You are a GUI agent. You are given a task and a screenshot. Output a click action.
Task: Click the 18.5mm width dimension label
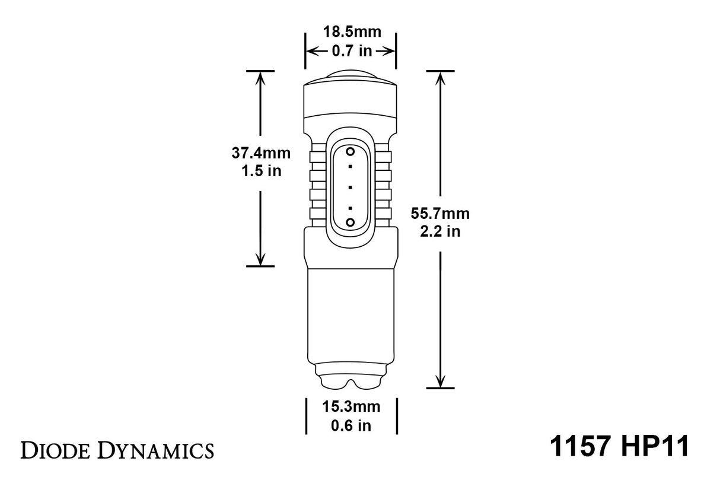point(351,32)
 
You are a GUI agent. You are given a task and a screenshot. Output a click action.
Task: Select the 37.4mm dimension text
point(261,153)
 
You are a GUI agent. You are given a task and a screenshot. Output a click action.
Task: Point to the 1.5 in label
point(261,171)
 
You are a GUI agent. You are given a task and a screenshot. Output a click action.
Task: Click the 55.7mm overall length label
point(440,213)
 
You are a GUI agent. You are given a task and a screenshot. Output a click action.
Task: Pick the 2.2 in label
point(440,231)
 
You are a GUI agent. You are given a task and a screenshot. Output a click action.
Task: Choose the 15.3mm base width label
point(351,406)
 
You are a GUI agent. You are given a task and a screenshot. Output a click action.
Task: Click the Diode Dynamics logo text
point(117,451)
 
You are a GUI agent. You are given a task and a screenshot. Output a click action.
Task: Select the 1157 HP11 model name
point(620,447)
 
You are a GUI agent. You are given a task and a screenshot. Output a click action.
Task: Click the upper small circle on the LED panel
point(350,151)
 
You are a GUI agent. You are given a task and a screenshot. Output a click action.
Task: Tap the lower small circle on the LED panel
point(350,222)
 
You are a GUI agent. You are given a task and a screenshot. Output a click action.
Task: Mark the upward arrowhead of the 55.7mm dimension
point(440,77)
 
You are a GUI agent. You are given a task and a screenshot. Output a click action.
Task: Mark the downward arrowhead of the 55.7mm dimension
point(440,382)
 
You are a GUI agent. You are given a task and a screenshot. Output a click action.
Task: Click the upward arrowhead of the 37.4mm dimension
point(260,77)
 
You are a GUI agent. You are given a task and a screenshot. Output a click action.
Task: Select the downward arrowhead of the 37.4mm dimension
point(260,259)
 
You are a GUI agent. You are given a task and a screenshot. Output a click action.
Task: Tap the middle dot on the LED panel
point(350,187)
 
